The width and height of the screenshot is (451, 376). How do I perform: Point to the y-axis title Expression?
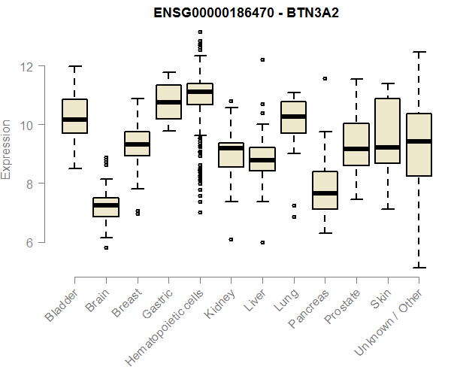pos(8,149)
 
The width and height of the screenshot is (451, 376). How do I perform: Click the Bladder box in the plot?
pos(74,117)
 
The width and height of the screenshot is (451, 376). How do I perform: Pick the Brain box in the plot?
pos(106,207)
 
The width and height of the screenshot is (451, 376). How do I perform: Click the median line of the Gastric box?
pos(168,102)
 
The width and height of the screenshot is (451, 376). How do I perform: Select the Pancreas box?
pos(325,190)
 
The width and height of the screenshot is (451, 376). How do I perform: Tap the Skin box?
pos(387,131)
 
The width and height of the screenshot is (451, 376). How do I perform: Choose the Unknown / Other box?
pos(419,144)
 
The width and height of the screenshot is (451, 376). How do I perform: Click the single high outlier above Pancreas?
pos(325,78)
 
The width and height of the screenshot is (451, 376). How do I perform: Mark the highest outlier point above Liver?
pos(262,59)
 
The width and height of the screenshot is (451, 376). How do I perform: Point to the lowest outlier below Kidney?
pos(231,239)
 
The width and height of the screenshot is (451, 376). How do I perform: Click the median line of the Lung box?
pos(293,117)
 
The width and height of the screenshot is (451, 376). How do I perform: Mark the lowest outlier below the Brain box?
pos(106,247)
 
